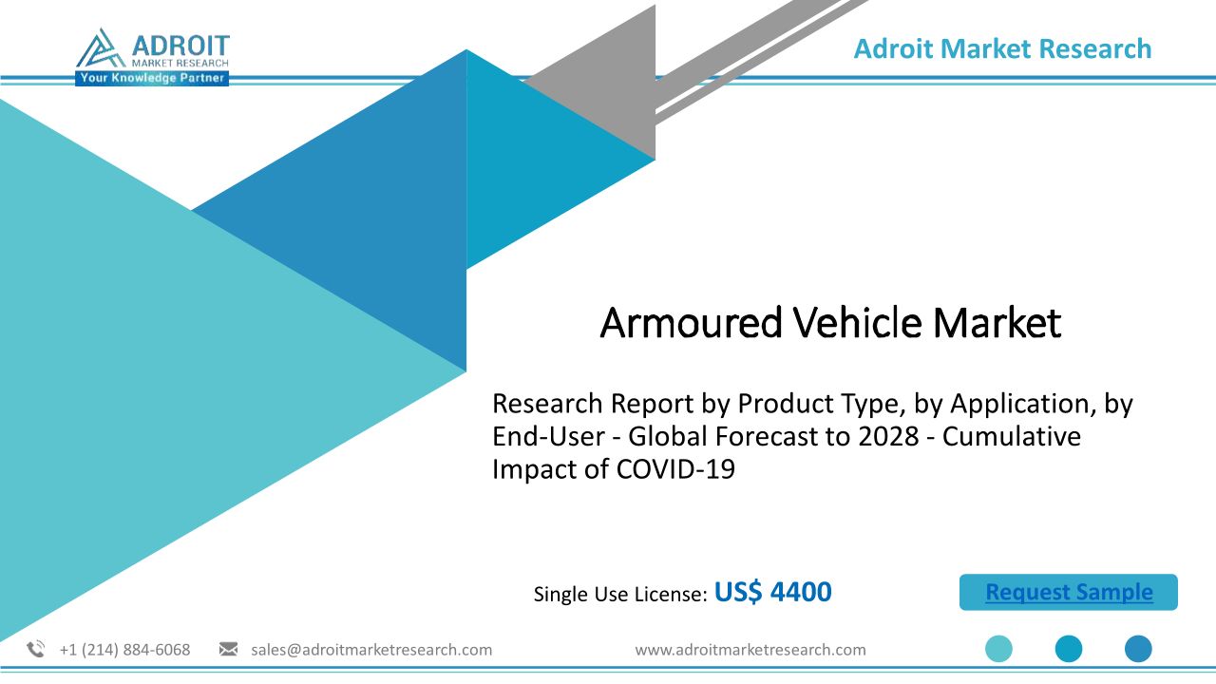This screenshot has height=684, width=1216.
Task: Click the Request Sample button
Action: click(x=1069, y=592)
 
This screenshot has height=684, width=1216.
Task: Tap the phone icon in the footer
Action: click(x=36, y=649)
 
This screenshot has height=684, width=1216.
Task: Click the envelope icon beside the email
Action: click(x=228, y=649)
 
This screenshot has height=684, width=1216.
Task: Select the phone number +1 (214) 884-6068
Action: click(x=124, y=650)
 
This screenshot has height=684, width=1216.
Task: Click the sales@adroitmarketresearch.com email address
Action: click(x=371, y=650)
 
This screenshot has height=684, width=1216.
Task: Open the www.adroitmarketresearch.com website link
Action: click(x=750, y=650)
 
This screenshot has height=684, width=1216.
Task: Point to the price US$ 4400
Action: click(x=772, y=592)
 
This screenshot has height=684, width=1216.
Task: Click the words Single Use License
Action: click(x=620, y=594)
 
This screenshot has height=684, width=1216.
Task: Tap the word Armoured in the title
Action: click(x=691, y=322)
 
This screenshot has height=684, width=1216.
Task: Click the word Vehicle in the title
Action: click(x=857, y=322)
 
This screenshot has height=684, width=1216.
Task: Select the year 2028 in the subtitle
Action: click(x=888, y=436)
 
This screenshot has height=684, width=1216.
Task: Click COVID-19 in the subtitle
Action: click(x=675, y=469)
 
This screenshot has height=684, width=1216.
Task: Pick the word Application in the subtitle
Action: click(x=1023, y=405)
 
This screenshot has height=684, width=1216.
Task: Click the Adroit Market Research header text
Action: click(x=1002, y=48)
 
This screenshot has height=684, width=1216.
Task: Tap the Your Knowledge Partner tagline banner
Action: click(x=152, y=78)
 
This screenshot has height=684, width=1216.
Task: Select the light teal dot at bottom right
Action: click(x=998, y=649)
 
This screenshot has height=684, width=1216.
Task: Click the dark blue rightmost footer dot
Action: click(x=1138, y=649)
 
